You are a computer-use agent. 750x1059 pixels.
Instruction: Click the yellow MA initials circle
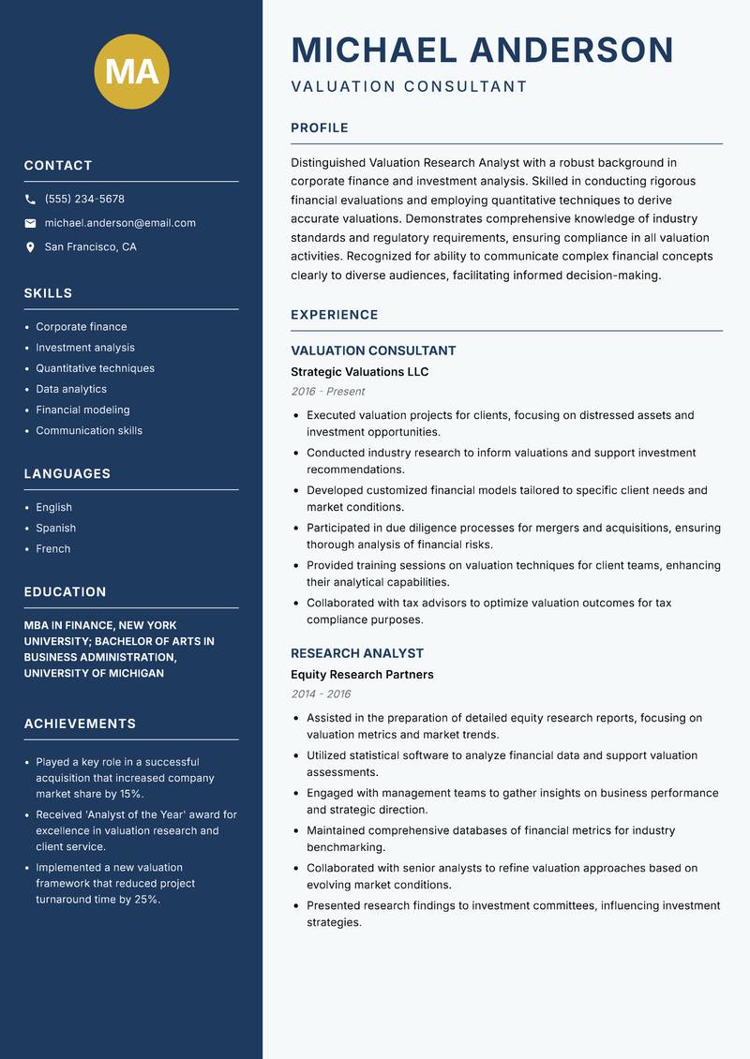tap(132, 71)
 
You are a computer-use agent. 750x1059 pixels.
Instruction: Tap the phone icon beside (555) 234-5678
tap(31, 200)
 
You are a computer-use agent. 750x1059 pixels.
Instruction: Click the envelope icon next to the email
tap(31, 223)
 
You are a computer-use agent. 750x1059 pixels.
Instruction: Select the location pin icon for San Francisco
tap(31, 247)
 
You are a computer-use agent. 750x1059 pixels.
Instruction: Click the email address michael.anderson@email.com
tap(120, 223)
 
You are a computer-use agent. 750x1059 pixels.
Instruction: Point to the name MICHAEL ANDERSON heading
tap(483, 50)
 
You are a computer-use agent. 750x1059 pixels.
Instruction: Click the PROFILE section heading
tap(320, 127)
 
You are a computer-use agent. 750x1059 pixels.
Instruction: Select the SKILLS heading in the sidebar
tap(49, 293)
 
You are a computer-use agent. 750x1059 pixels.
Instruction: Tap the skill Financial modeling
tap(82, 410)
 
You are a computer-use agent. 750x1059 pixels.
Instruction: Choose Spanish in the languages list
tap(56, 528)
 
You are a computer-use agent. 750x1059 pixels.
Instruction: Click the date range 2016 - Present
tap(328, 392)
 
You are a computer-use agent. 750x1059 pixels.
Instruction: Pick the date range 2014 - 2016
tap(321, 694)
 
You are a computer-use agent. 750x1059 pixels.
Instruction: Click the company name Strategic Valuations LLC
tap(360, 372)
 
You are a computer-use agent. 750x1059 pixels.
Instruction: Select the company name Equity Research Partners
tap(362, 675)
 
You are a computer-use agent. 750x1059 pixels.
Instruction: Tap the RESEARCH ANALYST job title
tap(357, 653)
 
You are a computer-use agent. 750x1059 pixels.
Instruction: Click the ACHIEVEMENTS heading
tap(80, 723)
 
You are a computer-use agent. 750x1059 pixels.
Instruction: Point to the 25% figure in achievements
tap(147, 899)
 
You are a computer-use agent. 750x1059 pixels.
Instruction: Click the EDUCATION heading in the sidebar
tap(66, 592)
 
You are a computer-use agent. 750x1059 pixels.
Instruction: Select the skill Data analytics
tap(71, 389)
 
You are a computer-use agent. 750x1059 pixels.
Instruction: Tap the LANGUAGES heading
tap(67, 474)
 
